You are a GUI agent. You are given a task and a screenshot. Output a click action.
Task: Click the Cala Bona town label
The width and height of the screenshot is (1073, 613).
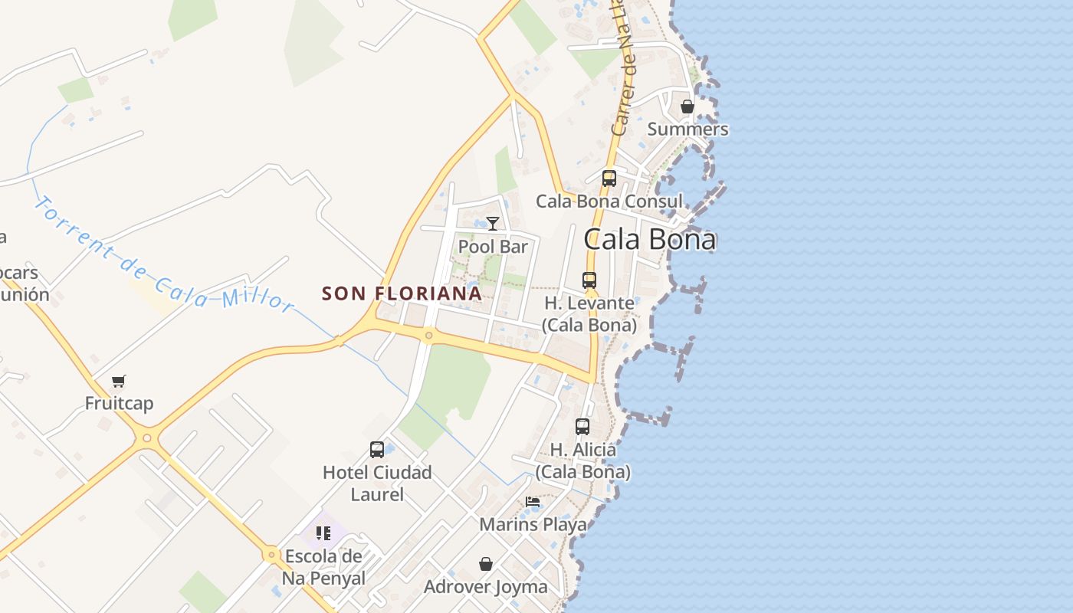pos(650,239)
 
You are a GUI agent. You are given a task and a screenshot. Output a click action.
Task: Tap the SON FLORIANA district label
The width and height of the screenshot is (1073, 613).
pos(402,293)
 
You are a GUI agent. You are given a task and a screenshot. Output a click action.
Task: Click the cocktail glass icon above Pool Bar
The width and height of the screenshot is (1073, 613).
pos(493,223)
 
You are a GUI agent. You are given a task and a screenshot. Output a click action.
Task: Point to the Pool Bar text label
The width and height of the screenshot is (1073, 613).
pos(493,247)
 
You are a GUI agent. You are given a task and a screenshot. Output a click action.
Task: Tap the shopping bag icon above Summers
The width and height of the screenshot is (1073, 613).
pos(687,107)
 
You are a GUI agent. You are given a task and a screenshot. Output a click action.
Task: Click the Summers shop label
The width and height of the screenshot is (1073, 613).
pos(687,129)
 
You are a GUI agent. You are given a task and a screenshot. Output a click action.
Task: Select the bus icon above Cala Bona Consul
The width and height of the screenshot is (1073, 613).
pos(609,179)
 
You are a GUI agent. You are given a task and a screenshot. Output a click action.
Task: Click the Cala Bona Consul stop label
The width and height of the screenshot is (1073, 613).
pos(609,202)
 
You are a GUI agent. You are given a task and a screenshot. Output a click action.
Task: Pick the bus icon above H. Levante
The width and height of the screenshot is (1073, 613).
pos(589,280)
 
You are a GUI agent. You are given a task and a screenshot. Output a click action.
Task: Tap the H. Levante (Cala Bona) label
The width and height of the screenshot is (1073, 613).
pos(589,314)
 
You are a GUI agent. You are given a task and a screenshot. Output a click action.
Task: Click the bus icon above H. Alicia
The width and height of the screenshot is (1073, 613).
pos(582,427)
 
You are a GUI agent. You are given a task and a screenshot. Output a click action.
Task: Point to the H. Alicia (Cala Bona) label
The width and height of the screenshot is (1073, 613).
pos(582,461)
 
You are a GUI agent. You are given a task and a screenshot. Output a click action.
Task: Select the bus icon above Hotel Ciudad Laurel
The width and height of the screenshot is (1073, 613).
pos(377,450)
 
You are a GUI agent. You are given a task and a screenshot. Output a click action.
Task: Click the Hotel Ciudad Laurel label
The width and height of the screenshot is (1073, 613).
pos(377,484)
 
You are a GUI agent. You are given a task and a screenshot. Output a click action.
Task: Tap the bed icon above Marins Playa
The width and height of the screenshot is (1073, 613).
pos(533,503)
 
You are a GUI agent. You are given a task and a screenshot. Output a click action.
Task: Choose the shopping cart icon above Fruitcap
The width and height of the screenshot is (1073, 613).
pos(118,381)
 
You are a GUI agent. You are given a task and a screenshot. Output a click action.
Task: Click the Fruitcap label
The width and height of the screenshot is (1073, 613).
pos(119,404)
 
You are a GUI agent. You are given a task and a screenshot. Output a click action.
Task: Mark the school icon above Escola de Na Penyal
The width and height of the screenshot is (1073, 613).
pos(323,533)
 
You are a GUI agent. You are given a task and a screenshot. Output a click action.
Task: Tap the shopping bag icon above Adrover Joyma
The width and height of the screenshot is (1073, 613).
pos(486,565)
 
